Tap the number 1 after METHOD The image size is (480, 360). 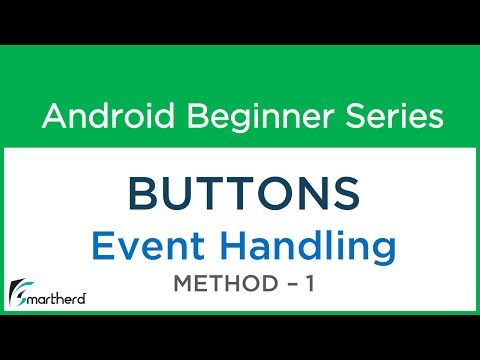311,285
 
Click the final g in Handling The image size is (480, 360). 382,250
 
